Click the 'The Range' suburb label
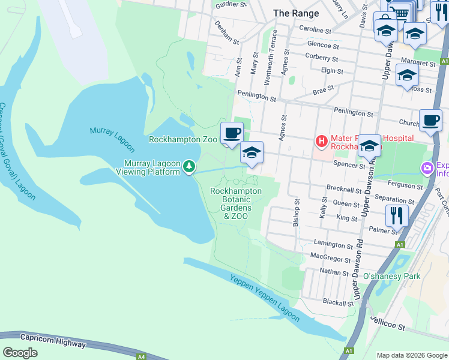pyautogui.click(x=296, y=13)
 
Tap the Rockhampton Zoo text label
pyautogui.click(x=183, y=139)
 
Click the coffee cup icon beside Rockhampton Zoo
pyautogui.click(x=231, y=133)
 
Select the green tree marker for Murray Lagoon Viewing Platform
pyautogui.click(x=189, y=166)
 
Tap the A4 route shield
pyautogui.click(x=140, y=356)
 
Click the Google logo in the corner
pyautogui.click(x=20, y=353)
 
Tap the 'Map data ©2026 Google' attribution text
pyautogui.click(x=412, y=355)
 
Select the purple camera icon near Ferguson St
pyautogui.click(x=427, y=167)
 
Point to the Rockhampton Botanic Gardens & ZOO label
pyautogui.click(x=236, y=203)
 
